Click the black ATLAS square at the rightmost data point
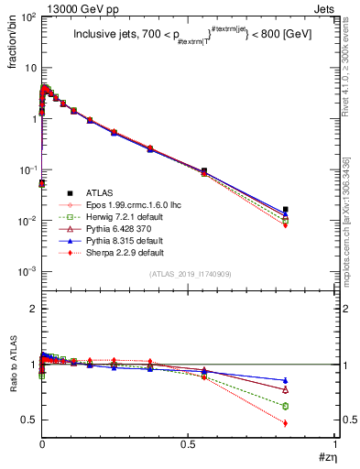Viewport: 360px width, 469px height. tap(311, 210)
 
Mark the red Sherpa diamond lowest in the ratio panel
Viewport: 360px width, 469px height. tap(311, 423)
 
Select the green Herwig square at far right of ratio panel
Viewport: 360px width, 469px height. tap(311, 406)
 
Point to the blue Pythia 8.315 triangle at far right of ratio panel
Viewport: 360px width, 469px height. tap(311, 380)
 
